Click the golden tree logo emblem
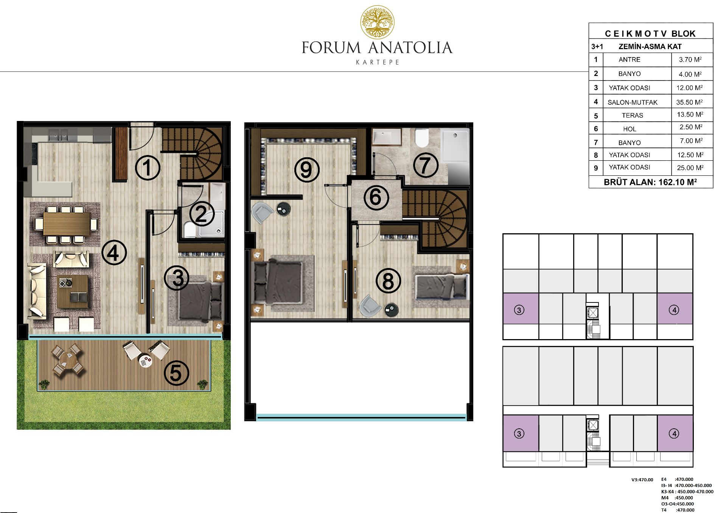(x=377, y=22)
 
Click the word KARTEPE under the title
(x=378, y=62)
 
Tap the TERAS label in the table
(x=632, y=115)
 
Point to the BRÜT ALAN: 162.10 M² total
(x=650, y=182)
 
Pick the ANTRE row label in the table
(x=630, y=59)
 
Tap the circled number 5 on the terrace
(x=176, y=373)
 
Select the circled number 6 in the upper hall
(x=376, y=197)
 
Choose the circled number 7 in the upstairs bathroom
(x=425, y=165)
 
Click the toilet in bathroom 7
(x=421, y=138)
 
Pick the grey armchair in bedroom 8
(x=370, y=305)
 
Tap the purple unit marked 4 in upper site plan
(x=675, y=308)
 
